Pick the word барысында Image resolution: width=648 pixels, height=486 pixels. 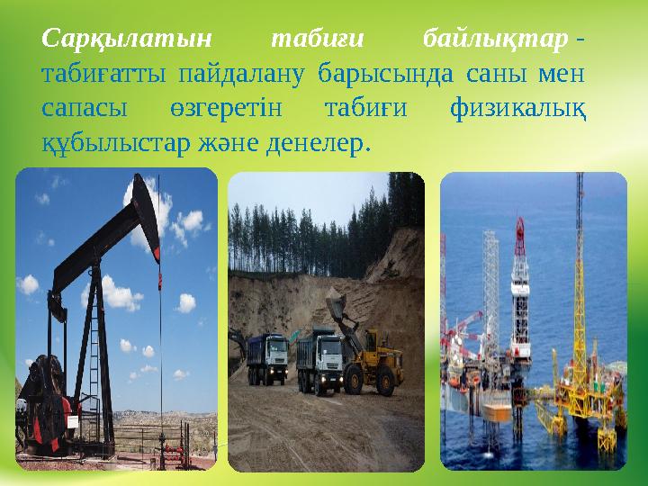coord(379,74)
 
